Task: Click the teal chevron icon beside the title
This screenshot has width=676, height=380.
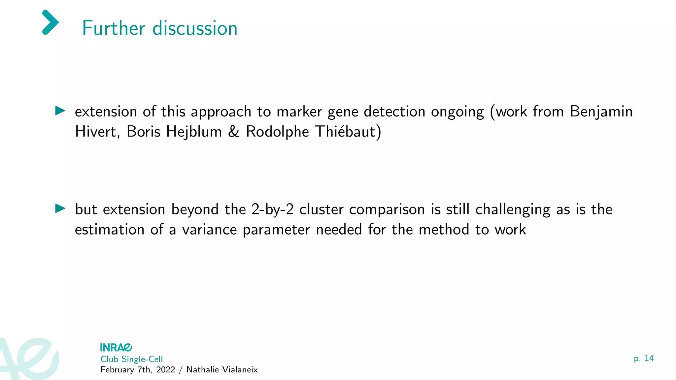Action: (51, 22)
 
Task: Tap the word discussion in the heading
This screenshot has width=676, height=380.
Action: (195, 28)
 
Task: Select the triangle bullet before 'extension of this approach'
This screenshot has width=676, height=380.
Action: (60, 111)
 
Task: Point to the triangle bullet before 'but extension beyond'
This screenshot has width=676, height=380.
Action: (60, 208)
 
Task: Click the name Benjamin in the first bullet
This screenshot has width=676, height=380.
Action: (601, 112)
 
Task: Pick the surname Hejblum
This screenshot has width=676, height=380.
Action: (194, 132)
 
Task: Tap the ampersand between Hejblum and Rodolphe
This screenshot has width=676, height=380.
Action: (234, 132)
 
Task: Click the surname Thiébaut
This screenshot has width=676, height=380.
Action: (345, 132)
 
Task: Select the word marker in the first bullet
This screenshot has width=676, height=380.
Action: (299, 112)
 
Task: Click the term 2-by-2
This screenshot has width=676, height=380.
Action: (272, 209)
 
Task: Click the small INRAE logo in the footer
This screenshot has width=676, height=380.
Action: (116, 347)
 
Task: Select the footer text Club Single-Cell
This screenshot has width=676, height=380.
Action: (132, 359)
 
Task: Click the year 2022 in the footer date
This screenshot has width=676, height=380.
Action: (166, 370)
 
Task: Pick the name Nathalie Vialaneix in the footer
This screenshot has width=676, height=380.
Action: (222, 370)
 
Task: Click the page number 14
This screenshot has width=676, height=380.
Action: (649, 358)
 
